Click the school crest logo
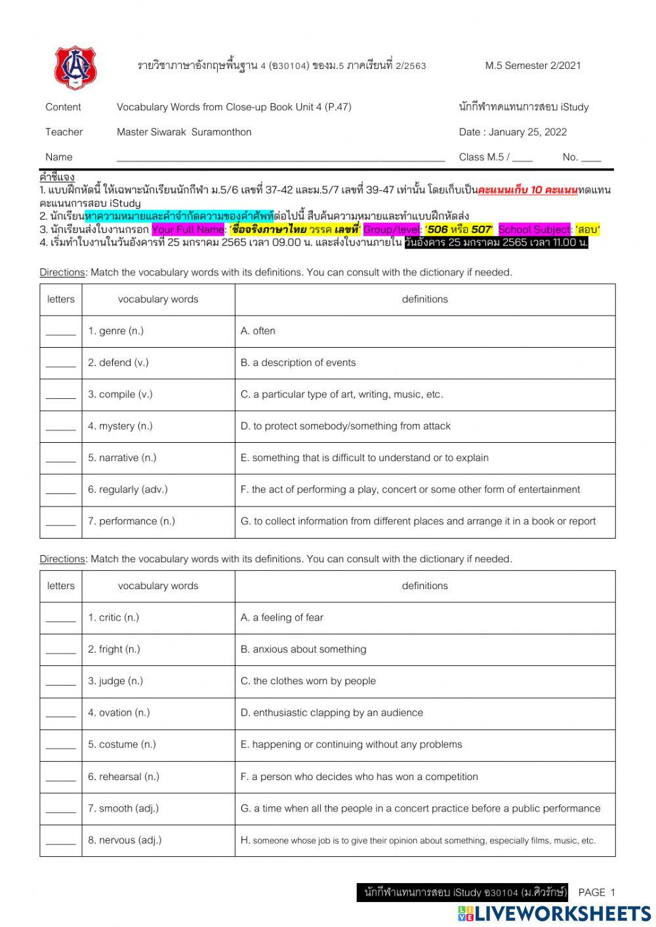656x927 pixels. pyautogui.click(x=75, y=68)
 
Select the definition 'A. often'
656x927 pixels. pyautogui.click(x=258, y=331)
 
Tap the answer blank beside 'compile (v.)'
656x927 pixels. pyautogui.click(x=61, y=395)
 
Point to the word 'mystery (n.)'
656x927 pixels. pyautogui.click(x=120, y=426)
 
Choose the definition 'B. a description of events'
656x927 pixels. pyautogui.click(x=298, y=363)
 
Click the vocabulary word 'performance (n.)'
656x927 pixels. pyautogui.click(x=131, y=522)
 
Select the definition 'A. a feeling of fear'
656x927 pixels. pyautogui.click(x=281, y=618)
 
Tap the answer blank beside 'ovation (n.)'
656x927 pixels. pyautogui.click(x=61, y=713)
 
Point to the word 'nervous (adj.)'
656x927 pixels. pyautogui.click(x=125, y=840)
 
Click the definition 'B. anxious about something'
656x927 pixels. pyautogui.click(x=303, y=649)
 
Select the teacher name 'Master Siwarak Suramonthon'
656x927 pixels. pyautogui.click(x=184, y=133)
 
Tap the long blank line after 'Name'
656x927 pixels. pyautogui.click(x=281, y=158)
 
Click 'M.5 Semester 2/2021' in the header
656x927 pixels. pyautogui.click(x=533, y=66)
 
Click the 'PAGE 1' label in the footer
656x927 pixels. pyautogui.click(x=597, y=892)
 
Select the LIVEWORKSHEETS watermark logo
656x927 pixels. pyautogui.click(x=554, y=913)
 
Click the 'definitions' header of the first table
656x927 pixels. pyautogui.click(x=424, y=300)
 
